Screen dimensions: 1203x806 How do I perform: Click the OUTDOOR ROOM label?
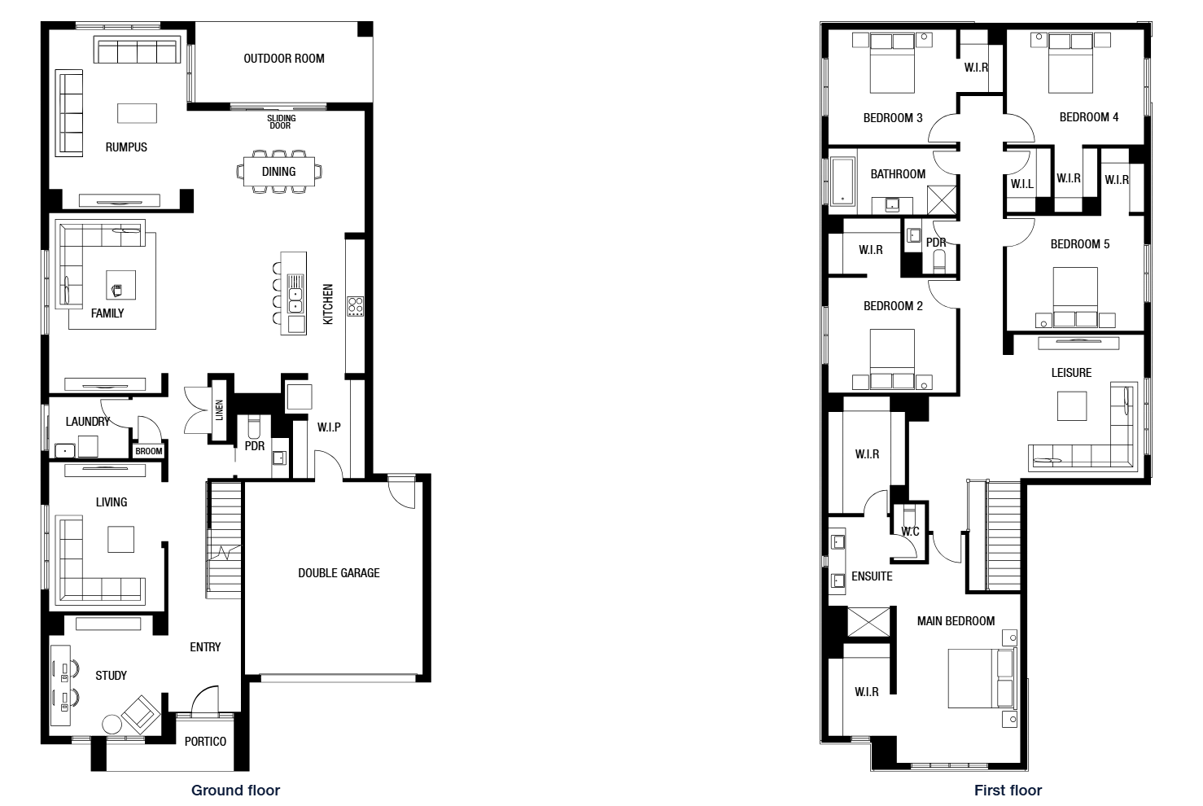[283, 59]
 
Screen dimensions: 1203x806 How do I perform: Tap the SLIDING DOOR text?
[281, 122]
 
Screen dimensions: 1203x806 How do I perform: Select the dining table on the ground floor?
[279, 172]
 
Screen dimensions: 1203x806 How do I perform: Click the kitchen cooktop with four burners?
[355, 306]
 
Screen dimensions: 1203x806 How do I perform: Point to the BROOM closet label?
[149, 451]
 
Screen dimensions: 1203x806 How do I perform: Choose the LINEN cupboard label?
[219, 410]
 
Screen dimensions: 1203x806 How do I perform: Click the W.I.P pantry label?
[329, 427]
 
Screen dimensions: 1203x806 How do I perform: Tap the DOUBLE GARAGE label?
[339, 573]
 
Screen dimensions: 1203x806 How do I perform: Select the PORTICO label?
[205, 742]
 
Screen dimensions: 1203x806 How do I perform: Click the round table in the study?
[112, 725]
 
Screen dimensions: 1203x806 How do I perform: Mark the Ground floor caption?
[236, 791]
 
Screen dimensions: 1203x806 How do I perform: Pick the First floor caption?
[1008, 791]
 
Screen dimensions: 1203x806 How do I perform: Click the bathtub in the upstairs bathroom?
[842, 182]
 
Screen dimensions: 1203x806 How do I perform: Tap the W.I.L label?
[1022, 184]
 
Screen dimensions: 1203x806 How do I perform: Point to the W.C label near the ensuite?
[910, 532]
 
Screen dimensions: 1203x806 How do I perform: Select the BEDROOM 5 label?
[1080, 244]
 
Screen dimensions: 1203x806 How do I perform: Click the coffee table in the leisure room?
[1072, 405]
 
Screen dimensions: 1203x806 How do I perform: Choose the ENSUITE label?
[872, 576]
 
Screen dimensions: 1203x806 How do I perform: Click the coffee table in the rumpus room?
[138, 113]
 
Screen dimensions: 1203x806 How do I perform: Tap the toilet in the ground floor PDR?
[254, 427]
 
